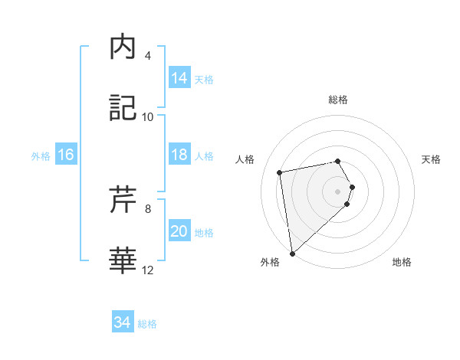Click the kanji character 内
pos(123,48)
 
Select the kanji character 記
pos(123,109)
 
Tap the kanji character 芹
pos(123,200)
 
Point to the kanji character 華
pos(123,261)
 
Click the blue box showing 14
pos(179,78)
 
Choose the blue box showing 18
pos(179,155)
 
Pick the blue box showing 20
pos(179,231)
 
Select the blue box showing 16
pos(66,155)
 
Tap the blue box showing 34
pos(122,322)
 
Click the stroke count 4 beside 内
pos(148,56)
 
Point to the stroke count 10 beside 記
pos(148,117)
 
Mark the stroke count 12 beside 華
pos(148,270)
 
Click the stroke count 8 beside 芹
pos(148,208)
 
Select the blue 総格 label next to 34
pos(147,324)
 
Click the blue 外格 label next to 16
pos(41,156)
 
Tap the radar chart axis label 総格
pos(338,100)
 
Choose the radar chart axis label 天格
pos(432,159)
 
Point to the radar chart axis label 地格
pos(402,263)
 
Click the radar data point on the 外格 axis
pos(292,253)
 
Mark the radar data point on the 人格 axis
pos(280,172)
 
